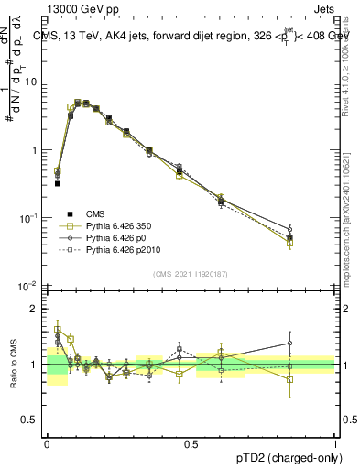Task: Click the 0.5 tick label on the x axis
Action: tap(191, 443)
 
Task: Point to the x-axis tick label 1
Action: tap(335, 443)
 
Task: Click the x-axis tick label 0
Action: tap(47, 443)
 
